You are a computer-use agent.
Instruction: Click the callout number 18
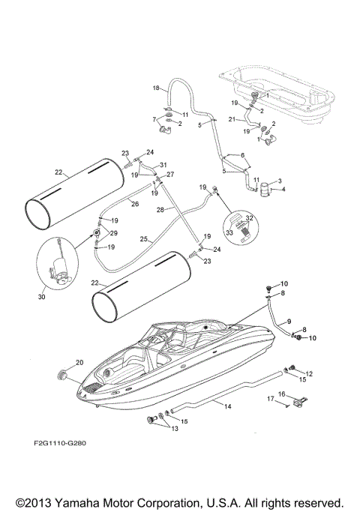[x=157, y=88]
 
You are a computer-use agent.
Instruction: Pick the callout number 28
[x=160, y=211]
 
